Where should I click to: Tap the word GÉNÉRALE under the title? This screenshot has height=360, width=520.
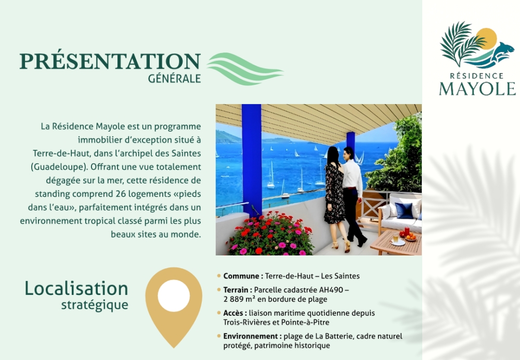pos(174,79)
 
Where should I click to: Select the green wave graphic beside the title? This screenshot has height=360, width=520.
pos(245,69)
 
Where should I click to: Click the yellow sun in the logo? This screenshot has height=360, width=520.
pos(487,38)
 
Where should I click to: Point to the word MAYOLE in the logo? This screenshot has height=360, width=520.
pos(477,88)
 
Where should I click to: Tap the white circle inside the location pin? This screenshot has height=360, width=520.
pos(174,295)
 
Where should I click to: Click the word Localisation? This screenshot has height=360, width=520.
pos(76,288)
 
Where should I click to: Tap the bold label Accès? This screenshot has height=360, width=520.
pos(235,313)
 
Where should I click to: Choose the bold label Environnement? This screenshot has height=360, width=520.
pos(251,336)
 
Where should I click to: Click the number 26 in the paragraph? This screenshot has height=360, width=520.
pos(121,194)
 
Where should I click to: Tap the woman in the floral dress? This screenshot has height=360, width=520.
pos(335,198)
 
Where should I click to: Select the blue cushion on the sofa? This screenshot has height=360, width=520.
pos(404,211)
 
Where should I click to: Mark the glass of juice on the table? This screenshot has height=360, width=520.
pos(396,238)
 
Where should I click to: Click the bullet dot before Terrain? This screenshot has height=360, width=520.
pos(219,290)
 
